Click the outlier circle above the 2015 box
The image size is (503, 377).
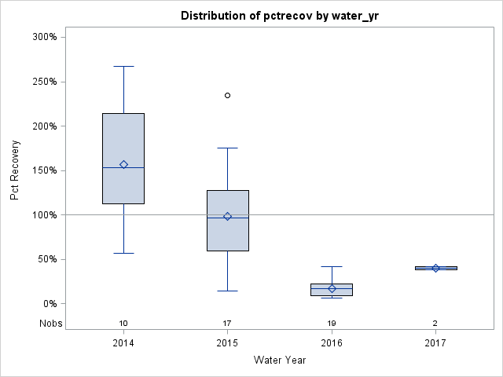click(228, 95)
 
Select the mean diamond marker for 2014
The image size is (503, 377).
click(123, 164)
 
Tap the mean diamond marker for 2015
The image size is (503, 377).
click(228, 216)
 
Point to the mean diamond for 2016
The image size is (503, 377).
click(332, 288)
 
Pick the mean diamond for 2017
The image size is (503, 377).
click(435, 268)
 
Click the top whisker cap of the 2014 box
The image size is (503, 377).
click(123, 66)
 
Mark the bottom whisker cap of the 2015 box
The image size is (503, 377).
click(228, 291)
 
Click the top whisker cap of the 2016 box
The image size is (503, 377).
click(332, 266)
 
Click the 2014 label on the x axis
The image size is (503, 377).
click(123, 343)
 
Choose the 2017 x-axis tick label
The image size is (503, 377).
click(435, 343)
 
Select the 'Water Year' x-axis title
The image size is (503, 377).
click(280, 361)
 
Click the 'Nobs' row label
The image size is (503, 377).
click(51, 324)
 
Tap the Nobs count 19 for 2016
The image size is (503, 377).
click(332, 324)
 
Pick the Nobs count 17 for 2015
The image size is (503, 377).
click(228, 324)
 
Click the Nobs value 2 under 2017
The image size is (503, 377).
click(435, 324)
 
